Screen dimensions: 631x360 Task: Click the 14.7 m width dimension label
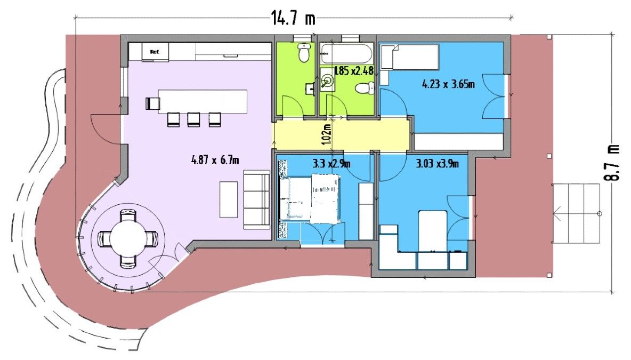pos(293,18)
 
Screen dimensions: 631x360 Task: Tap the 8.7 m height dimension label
pos(614,162)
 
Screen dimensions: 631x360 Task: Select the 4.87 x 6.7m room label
pos(215,160)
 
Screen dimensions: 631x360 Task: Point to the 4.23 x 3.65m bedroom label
pos(448,84)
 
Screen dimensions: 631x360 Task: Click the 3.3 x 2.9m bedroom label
pos(331,164)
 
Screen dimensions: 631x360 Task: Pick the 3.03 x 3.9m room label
pos(437,164)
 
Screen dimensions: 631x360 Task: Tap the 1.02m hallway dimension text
pos(327,134)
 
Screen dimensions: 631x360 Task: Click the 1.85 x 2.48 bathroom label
pos(354,71)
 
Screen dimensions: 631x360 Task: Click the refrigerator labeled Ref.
pos(155,52)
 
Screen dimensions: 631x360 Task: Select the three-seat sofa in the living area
pos(256,199)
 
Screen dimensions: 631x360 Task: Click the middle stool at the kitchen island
pos(193,119)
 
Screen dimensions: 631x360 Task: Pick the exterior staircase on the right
pos(576,213)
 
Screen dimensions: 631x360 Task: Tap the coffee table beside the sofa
pos(229,199)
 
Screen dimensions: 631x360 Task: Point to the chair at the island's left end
pos(152,103)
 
